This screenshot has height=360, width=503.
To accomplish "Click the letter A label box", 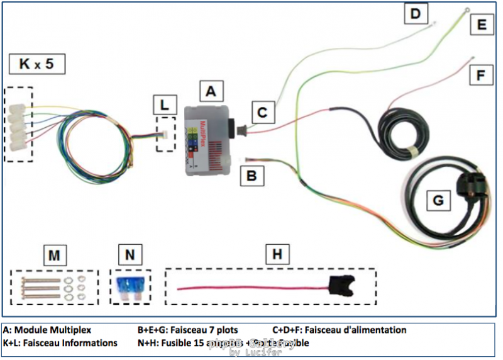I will (x=211, y=92).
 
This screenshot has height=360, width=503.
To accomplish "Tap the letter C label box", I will (x=263, y=113).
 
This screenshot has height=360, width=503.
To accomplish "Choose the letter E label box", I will (x=482, y=25).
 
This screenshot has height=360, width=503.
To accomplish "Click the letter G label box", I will (x=438, y=201).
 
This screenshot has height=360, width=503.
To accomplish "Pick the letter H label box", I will (x=277, y=255).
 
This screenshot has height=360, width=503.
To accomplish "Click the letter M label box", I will (x=55, y=255).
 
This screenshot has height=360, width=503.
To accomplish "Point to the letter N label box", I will (x=130, y=255).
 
